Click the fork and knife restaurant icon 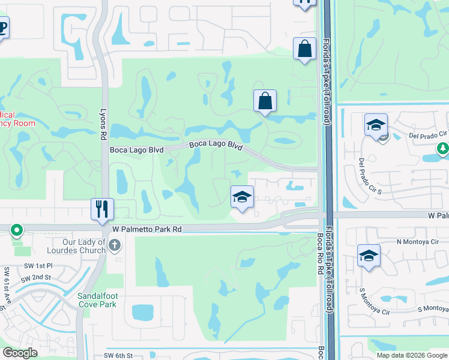(x=102, y=209)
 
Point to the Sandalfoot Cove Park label (x=100, y=299)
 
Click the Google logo (x=20, y=353)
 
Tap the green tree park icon (x=442, y=148)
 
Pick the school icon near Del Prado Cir (x=376, y=125)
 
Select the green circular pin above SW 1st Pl (x=17, y=230)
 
